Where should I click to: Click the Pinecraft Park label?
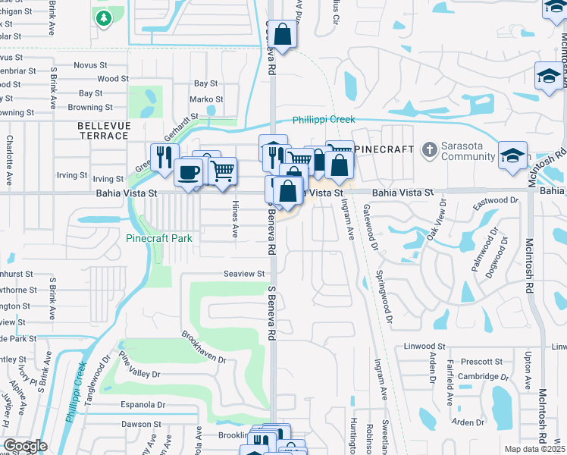tap(158, 238)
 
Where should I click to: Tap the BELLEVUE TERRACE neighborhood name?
tap(104, 130)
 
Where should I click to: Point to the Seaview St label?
tap(243, 274)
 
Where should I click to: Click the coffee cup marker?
tap(188, 171)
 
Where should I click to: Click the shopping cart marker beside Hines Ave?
tap(222, 171)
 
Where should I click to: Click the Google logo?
tap(24, 446)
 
